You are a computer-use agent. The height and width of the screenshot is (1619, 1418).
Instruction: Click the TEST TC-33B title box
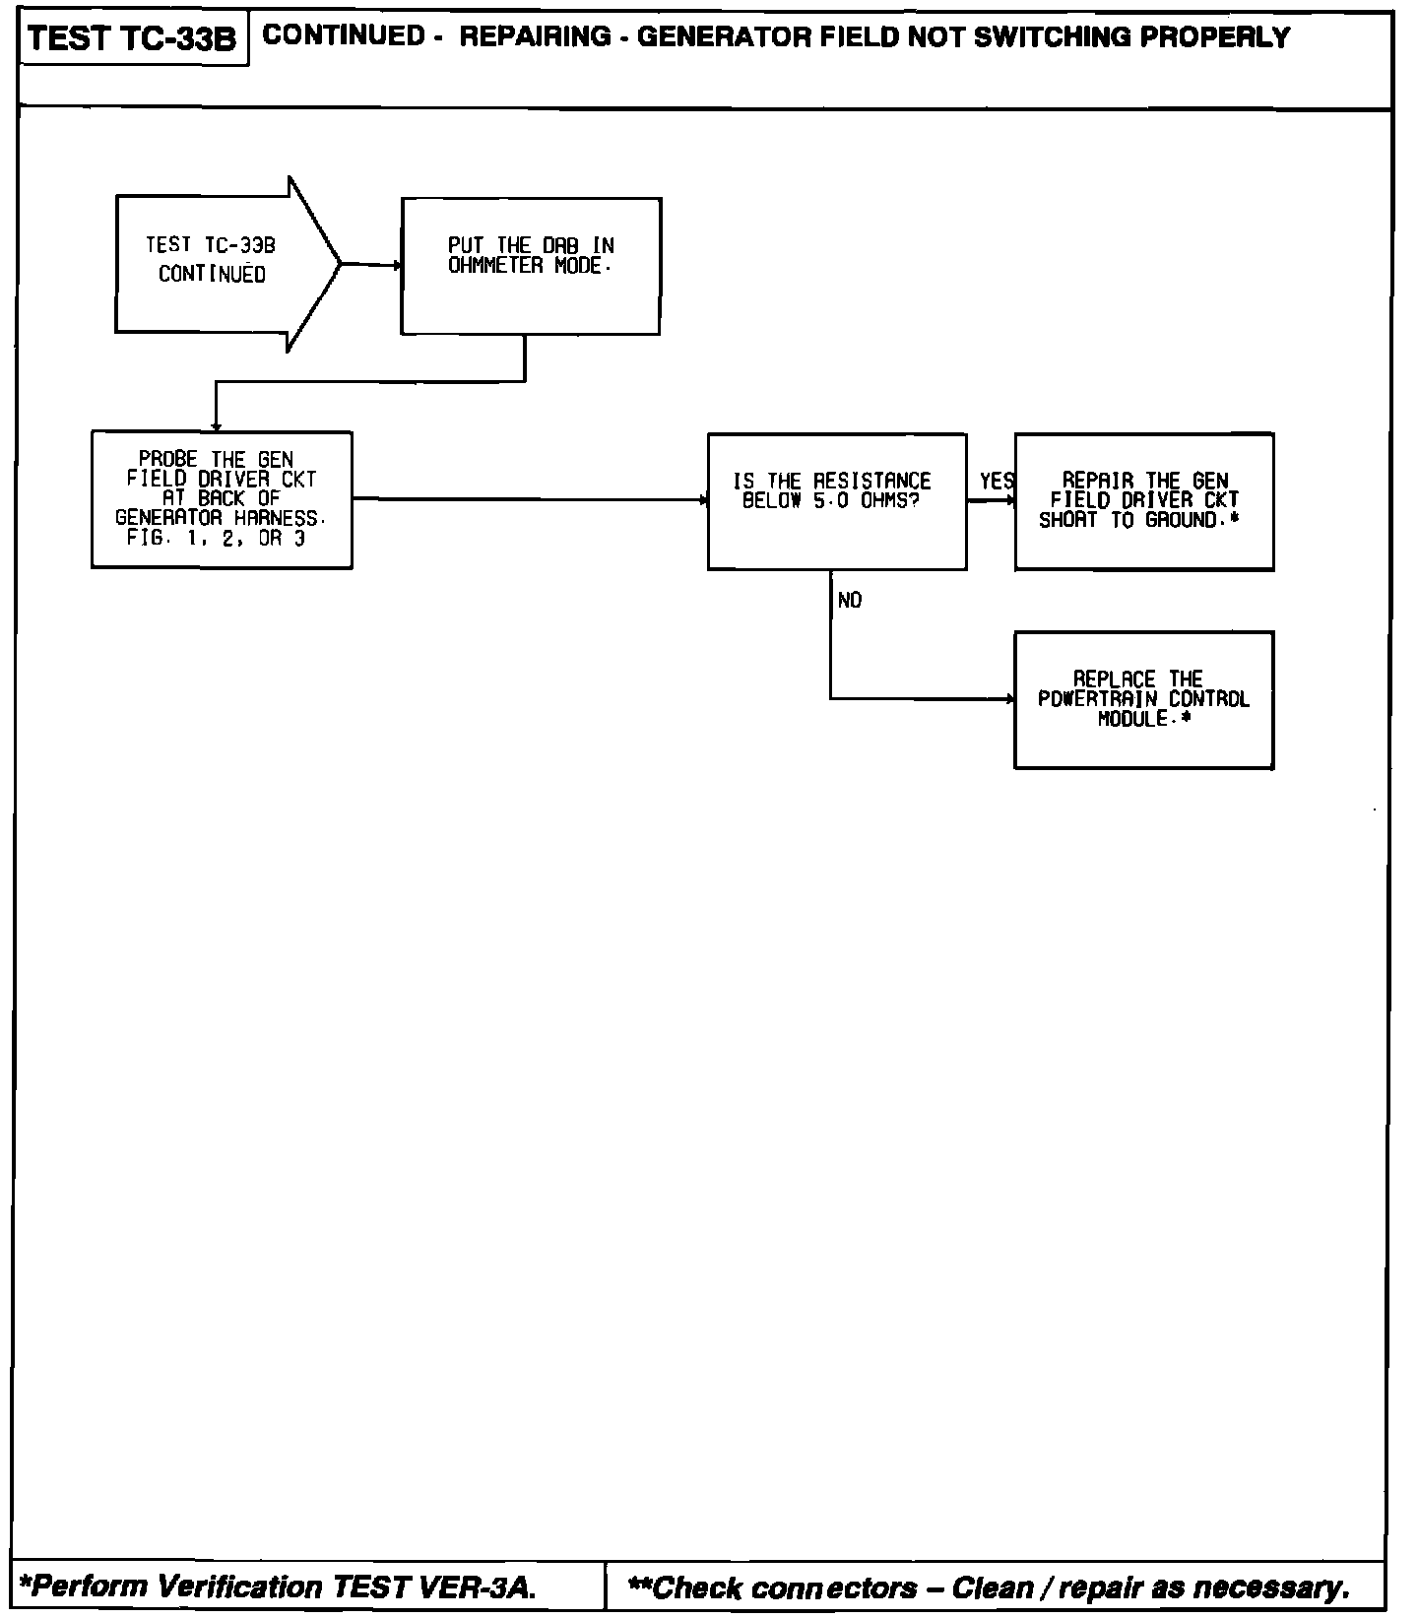tap(133, 39)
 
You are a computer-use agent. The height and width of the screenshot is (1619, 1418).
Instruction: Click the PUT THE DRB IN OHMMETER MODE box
tap(531, 266)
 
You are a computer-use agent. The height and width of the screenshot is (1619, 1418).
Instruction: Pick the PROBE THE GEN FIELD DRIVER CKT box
tap(222, 499)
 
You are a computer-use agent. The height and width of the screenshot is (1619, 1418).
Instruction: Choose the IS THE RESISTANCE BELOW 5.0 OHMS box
tap(837, 500)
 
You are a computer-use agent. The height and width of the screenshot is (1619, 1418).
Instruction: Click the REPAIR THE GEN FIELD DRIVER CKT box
tap(1144, 500)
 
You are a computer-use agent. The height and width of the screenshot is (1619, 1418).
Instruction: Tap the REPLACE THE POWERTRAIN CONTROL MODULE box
tap(1144, 699)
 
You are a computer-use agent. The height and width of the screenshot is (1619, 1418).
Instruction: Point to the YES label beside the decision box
tap(997, 482)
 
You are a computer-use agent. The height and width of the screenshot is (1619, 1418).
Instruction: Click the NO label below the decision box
tap(850, 601)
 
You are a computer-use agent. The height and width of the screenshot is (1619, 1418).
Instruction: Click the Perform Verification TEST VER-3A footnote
tap(279, 1587)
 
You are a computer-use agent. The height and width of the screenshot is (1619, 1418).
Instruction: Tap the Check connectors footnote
tap(989, 1587)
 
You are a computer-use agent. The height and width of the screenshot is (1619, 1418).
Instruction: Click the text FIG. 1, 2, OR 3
tap(216, 539)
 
